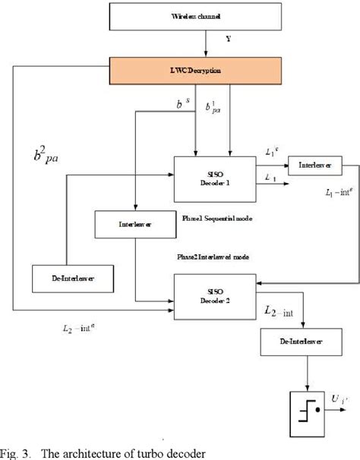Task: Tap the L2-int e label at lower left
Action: click(x=77, y=329)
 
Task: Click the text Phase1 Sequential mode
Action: click(x=216, y=218)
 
